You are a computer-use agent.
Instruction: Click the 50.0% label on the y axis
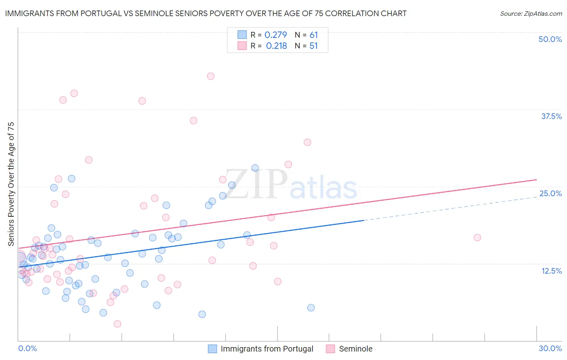click(550, 39)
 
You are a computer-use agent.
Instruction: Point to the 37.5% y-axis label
click(551, 116)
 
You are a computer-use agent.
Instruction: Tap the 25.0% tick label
click(550, 193)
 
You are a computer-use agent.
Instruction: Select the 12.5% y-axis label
click(551, 271)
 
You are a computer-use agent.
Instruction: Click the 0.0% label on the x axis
click(27, 348)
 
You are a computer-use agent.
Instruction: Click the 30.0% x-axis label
click(550, 348)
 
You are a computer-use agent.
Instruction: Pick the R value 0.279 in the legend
click(276, 35)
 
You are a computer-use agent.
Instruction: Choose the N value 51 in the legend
click(313, 46)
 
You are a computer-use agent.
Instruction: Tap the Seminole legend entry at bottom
click(355, 349)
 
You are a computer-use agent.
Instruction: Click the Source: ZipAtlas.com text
click(531, 13)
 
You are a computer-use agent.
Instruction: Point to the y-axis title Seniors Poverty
click(11, 184)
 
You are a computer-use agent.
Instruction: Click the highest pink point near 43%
click(211, 76)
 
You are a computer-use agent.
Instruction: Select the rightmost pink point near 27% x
click(477, 237)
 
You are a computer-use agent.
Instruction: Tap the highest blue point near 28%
click(255, 168)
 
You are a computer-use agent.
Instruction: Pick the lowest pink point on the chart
click(117, 324)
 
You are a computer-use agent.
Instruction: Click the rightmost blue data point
click(311, 308)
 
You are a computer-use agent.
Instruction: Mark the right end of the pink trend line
click(536, 180)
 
